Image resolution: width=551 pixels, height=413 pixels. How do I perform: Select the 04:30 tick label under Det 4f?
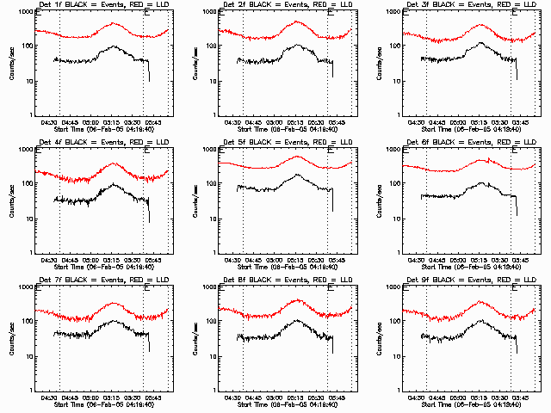[x=51, y=260]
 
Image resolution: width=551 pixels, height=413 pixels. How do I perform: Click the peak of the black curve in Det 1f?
[x=113, y=46]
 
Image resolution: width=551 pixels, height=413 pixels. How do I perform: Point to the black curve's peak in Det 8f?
[x=298, y=320]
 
